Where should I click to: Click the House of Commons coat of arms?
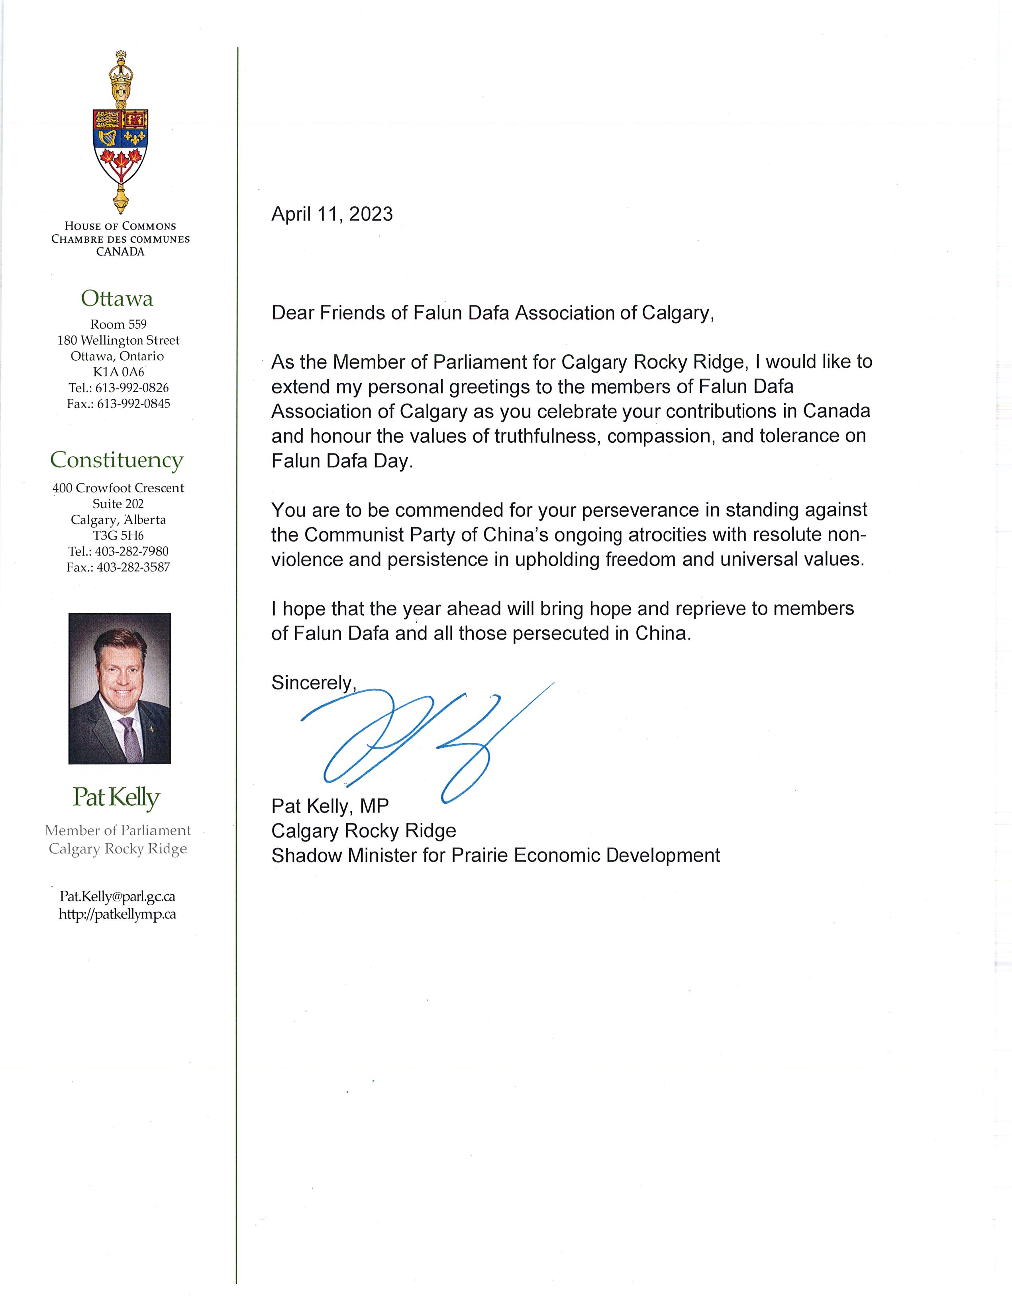point(121,133)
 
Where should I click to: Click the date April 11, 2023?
point(332,214)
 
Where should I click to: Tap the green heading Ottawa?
point(117,298)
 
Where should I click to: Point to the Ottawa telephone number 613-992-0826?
point(131,388)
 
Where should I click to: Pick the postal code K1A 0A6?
point(118,372)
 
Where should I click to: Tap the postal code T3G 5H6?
point(118,536)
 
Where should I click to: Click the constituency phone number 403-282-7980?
point(131,551)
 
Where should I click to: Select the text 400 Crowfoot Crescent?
point(118,488)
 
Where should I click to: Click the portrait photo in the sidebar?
point(120,688)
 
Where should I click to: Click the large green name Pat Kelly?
point(117,798)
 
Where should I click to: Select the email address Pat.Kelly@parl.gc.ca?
point(117,897)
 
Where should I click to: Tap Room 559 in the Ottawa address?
point(118,324)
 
